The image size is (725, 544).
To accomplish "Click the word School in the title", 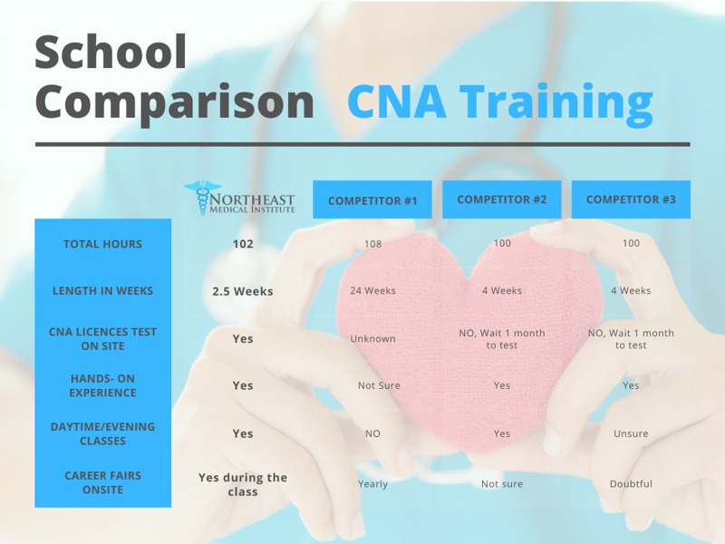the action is (111, 52).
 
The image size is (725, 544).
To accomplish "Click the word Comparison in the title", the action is (175, 102).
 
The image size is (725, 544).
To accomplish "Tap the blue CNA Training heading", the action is (500, 102).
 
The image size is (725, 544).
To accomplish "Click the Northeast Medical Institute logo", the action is (239, 199).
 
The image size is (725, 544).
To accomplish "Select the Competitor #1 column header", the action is (372, 199).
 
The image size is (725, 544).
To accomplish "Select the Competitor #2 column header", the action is (502, 199).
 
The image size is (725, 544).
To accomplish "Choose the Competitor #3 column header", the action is (631, 199).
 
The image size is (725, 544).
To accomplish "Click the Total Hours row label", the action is (102, 244).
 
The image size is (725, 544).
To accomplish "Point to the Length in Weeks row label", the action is (102, 290).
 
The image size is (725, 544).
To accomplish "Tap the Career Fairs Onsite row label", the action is (102, 482).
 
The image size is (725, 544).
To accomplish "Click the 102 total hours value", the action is (243, 244).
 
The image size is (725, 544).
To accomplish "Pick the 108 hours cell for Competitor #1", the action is (372, 244).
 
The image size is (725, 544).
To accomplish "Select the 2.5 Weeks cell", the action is (243, 291).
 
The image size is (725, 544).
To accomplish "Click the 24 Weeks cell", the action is (372, 290).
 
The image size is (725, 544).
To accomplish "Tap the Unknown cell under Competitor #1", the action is (372, 338).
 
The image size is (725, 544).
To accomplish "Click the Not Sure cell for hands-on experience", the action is (379, 385).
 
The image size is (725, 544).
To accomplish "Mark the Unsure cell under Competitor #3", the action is (631, 433).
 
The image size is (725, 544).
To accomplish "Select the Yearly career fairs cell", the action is (372, 484).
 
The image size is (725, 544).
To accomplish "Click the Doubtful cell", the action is (631, 484).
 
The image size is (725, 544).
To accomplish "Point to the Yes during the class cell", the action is (243, 484).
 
